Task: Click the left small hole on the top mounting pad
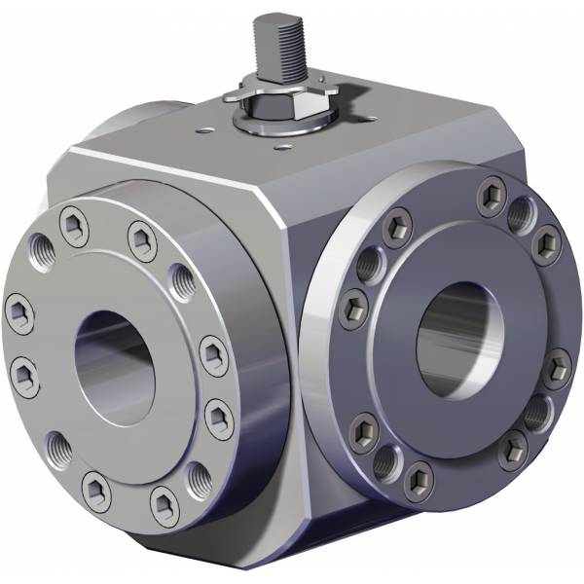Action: [x=203, y=126]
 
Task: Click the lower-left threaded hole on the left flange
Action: [x=57, y=448]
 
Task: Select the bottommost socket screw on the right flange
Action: [x=419, y=477]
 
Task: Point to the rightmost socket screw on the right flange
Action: [x=556, y=367]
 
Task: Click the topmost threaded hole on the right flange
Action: [x=521, y=209]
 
